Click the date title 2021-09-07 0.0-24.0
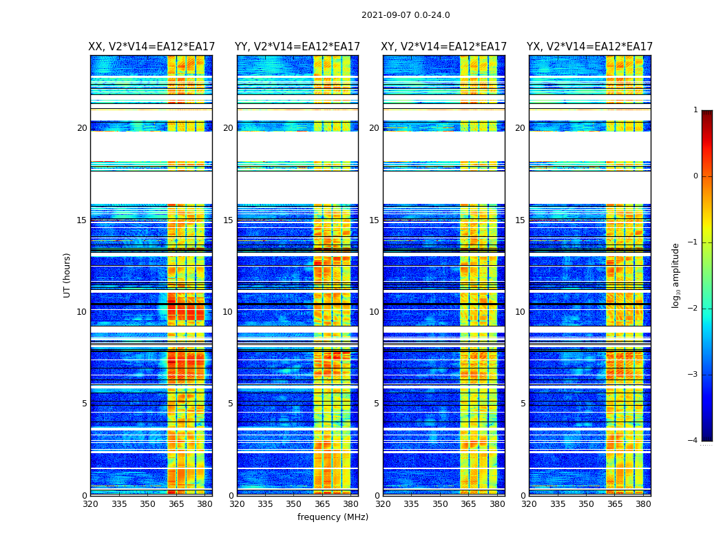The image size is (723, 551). tap(406, 15)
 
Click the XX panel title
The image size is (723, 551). tap(151, 47)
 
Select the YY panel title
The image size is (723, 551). tap(297, 47)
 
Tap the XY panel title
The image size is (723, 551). tap(444, 47)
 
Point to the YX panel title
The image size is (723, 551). tap(589, 47)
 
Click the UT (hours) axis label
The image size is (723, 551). tap(67, 275)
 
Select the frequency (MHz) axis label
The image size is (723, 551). tap(333, 517)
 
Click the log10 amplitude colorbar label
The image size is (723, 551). tap(676, 275)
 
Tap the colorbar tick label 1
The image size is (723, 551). tap(695, 110)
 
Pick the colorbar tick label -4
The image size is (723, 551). tap(693, 441)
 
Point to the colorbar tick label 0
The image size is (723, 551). tap(695, 176)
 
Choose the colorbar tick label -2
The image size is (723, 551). tap(693, 309)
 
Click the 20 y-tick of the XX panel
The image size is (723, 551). tap(82, 128)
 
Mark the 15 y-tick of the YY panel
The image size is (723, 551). tap(228, 220)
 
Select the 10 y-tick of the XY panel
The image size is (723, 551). tap(374, 312)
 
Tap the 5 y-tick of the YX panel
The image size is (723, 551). tap(523, 404)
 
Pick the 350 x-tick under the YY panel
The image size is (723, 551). tap(294, 503)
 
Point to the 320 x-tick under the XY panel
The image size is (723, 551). tap(384, 503)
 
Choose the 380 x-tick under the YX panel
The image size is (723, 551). tap(643, 503)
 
